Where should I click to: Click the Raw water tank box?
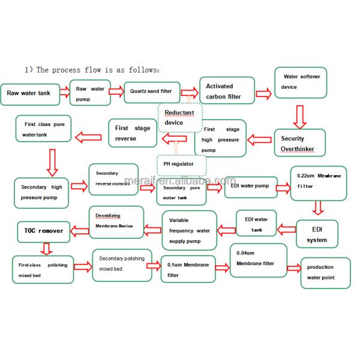30,93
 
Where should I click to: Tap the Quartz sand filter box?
151,92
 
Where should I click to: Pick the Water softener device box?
300,82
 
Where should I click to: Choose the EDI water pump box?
250,187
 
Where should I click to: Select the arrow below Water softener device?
301,113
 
